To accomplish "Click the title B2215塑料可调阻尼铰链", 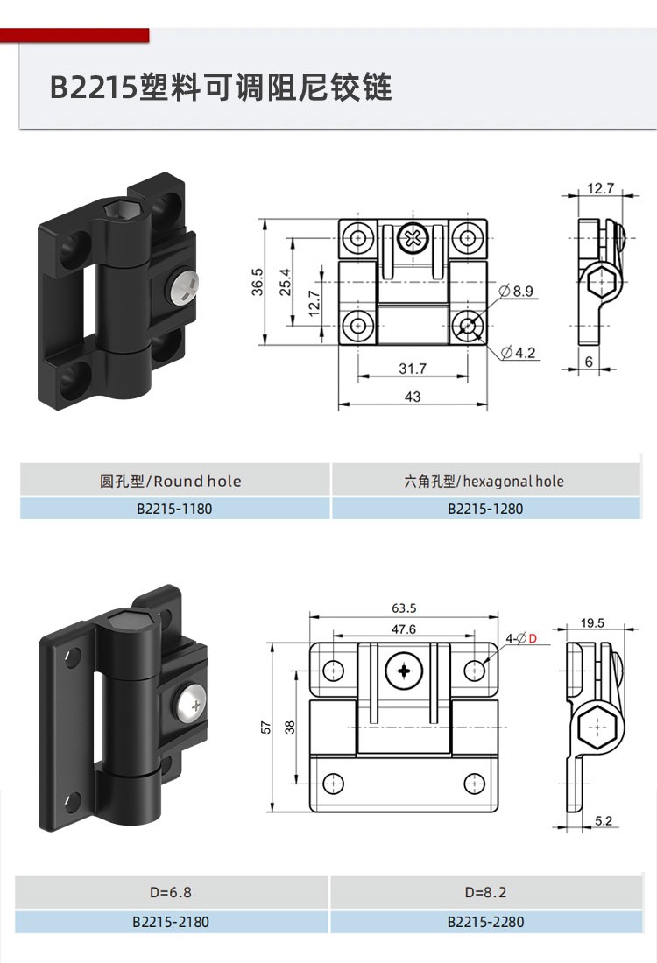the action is (221, 87).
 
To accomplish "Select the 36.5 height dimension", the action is (258, 281).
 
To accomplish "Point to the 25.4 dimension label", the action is (286, 282).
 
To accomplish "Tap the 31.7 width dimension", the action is (413, 369).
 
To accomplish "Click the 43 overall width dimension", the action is (413, 397).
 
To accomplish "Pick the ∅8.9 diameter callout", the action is (516, 291).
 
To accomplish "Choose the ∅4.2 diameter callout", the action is (518, 353).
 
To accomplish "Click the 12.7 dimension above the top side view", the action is (600, 188).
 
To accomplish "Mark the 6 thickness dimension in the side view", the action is (589, 362).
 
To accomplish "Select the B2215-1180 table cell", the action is (174, 509).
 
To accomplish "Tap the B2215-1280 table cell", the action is (485, 509).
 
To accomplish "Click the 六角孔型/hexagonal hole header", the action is (484, 481).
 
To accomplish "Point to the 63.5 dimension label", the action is (404, 608).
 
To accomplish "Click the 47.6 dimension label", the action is (404, 629).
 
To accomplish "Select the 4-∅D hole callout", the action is (521, 639).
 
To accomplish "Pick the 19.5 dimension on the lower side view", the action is (592, 622).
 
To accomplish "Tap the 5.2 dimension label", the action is (604, 820).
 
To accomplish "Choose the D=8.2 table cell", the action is (485, 892).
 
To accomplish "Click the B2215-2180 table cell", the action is (171, 922).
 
